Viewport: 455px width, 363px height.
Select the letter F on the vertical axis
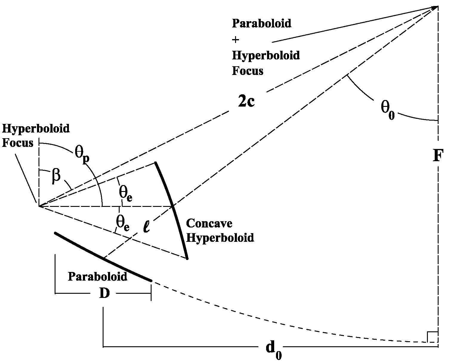[x=437, y=156]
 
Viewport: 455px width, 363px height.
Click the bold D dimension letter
[x=104, y=293]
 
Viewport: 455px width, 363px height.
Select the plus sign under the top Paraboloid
[x=236, y=39]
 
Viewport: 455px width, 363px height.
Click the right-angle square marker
[x=432, y=337]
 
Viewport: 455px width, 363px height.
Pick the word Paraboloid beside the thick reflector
[x=98, y=276]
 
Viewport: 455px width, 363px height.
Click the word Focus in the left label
[x=18, y=143]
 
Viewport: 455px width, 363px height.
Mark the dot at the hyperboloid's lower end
[x=187, y=259]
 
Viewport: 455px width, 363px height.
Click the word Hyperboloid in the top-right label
[x=266, y=56]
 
